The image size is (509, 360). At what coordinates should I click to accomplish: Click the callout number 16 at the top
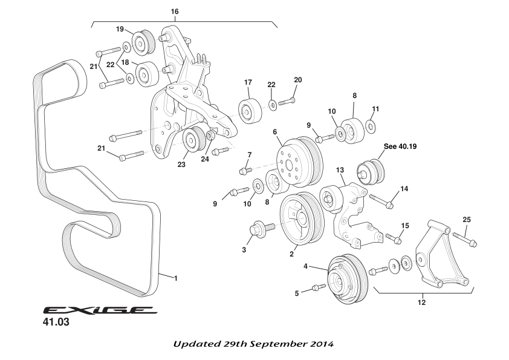(x=175, y=11)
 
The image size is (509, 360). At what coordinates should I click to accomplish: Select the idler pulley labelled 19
(x=144, y=42)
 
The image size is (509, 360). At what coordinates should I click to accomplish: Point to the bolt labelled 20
(x=287, y=102)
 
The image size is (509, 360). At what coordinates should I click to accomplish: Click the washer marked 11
(x=371, y=126)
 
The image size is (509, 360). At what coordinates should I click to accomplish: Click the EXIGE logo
(x=100, y=310)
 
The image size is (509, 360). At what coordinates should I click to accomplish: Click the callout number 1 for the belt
(x=175, y=278)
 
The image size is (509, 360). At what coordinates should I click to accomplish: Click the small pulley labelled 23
(x=193, y=142)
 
